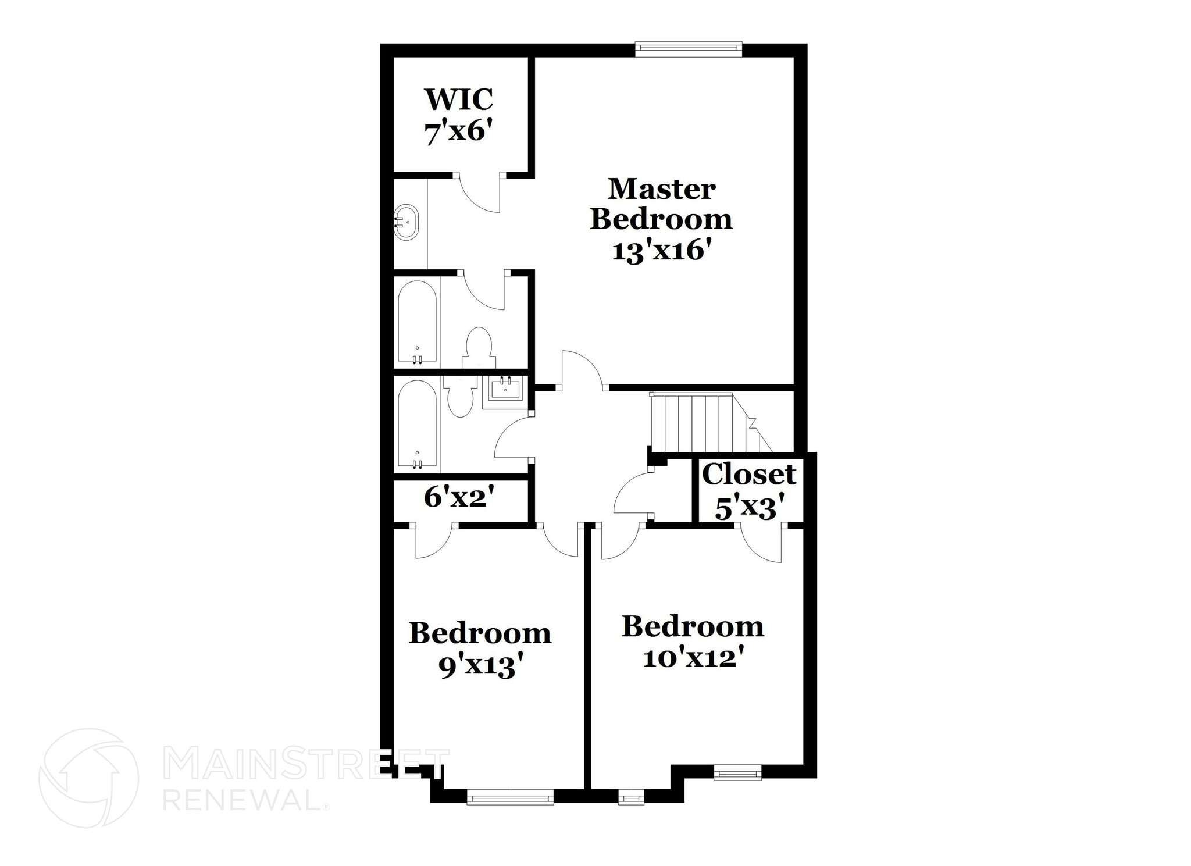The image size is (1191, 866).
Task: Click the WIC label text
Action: pos(459,99)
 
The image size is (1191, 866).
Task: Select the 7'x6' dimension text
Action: pos(459,133)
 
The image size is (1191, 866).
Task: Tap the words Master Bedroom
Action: pos(662,204)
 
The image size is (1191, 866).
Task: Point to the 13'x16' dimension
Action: pos(662,251)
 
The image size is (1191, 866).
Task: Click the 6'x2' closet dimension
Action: pos(459,497)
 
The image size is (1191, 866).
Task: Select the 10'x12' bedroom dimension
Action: pos(693,658)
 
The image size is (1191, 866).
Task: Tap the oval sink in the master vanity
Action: pos(406,222)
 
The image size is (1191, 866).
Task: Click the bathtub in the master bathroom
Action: pos(417,322)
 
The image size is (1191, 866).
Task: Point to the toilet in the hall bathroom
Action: pos(461,397)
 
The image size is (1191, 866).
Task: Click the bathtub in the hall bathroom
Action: pos(417,425)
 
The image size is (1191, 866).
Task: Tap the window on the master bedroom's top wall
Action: pos(689,49)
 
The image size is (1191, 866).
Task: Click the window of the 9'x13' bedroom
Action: pos(510,796)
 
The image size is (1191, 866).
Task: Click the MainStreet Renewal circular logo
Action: pos(88,778)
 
